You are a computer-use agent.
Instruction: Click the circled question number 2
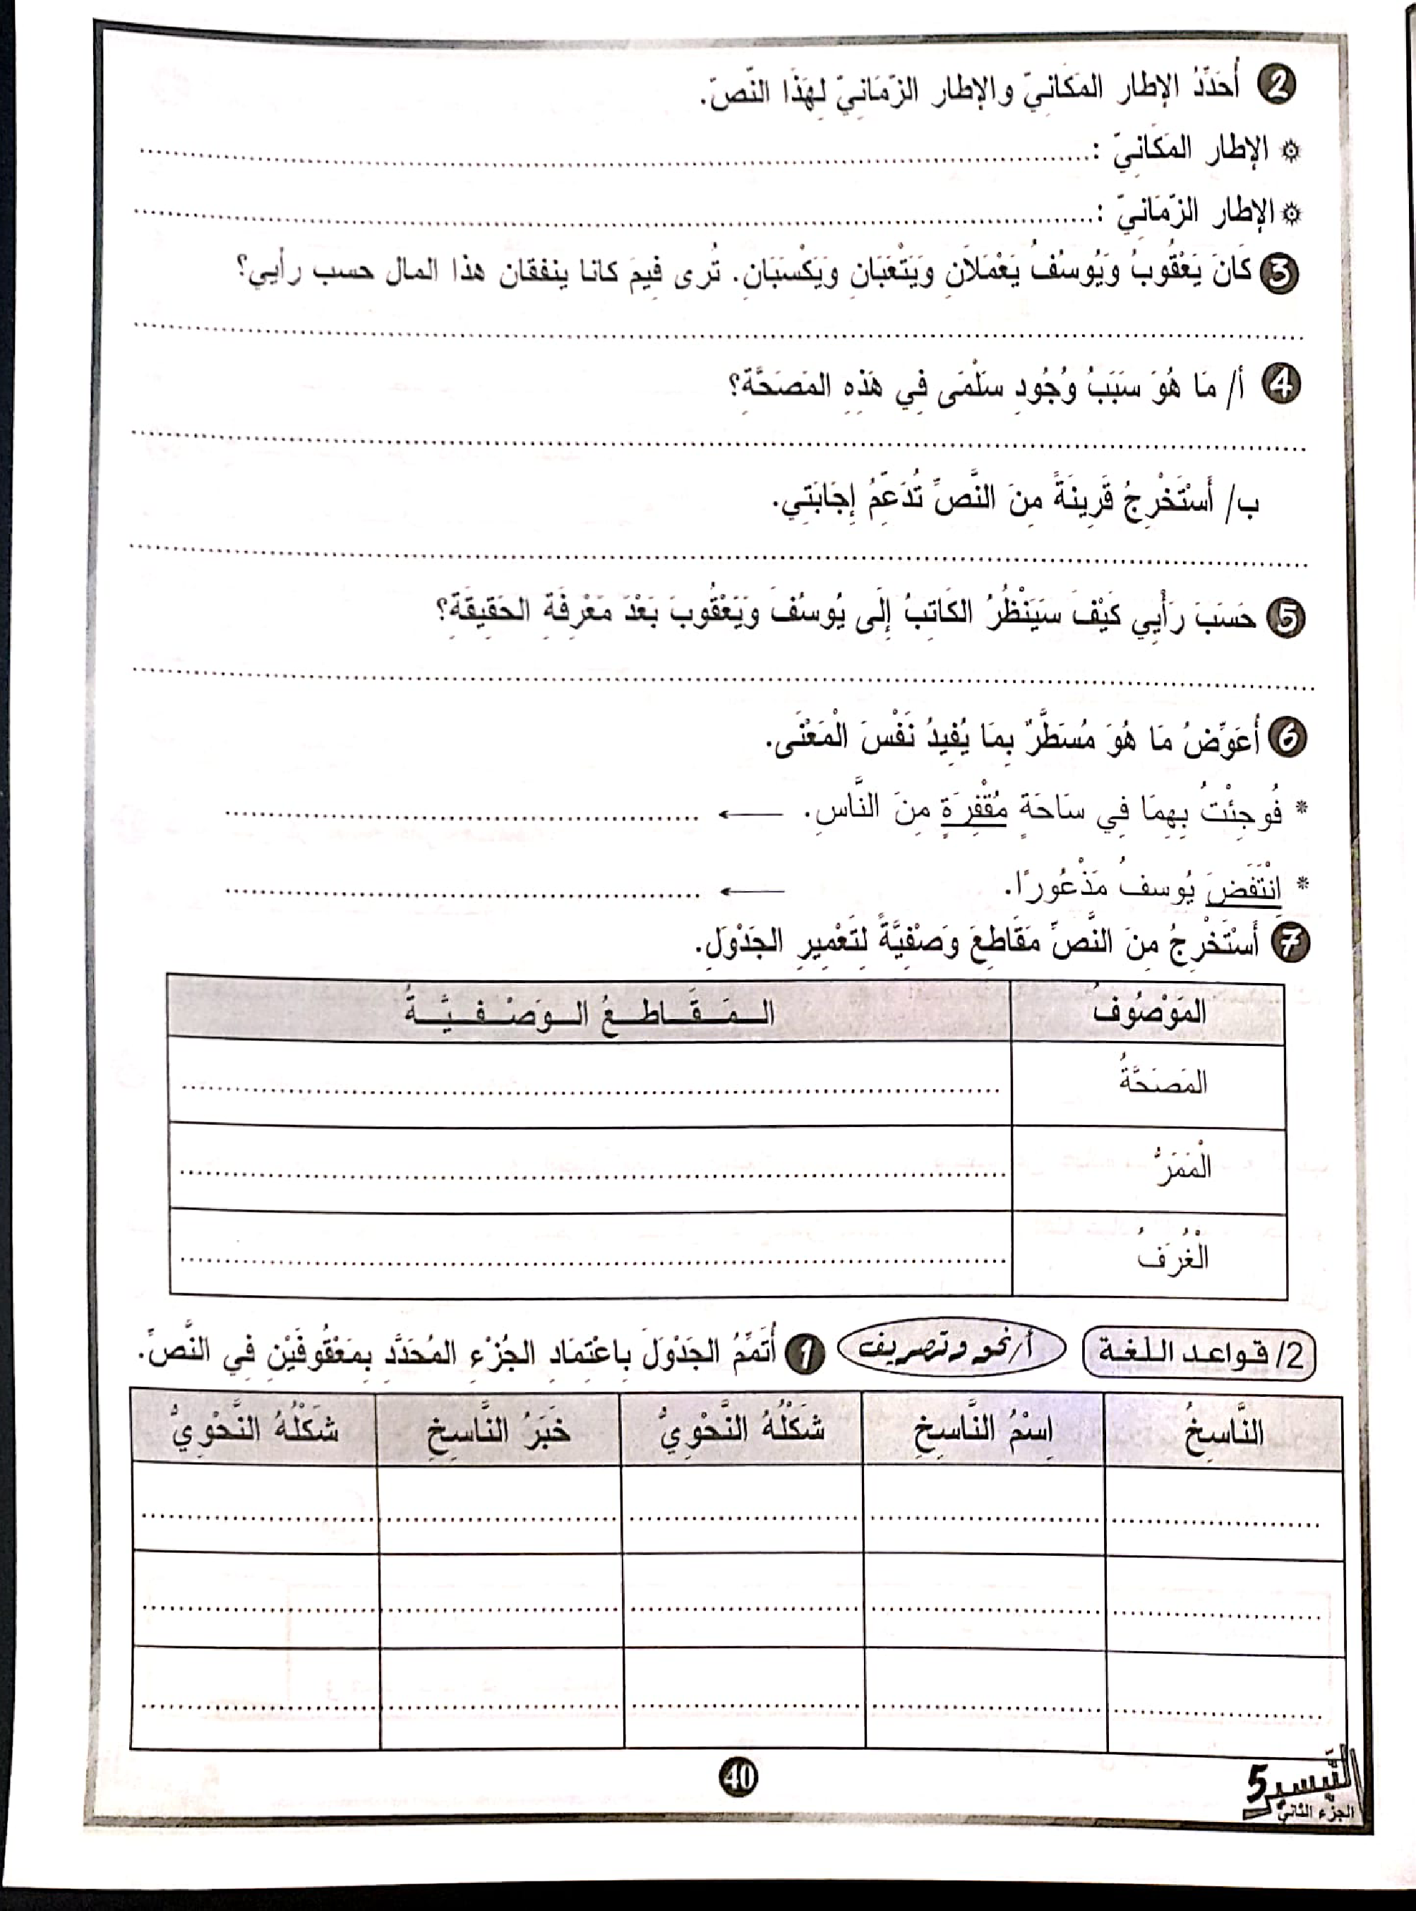tap(1277, 88)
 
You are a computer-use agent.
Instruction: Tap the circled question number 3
tap(1280, 273)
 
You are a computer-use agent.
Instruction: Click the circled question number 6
tap(1287, 739)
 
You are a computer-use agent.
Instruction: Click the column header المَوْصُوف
tap(1148, 1013)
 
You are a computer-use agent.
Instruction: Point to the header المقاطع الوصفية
tap(589, 1013)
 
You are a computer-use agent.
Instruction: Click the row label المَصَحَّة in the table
tap(1163, 1083)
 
